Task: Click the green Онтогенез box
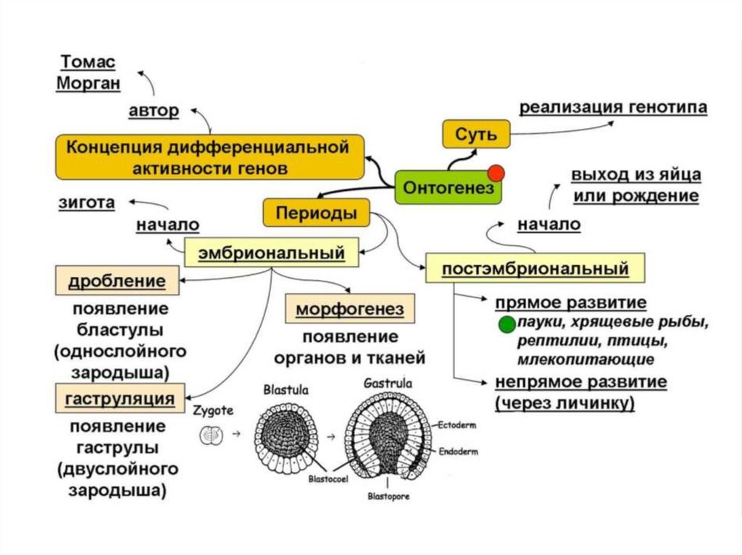(448, 187)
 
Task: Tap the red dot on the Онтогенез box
(496, 173)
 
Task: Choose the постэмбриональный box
(535, 268)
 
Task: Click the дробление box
(117, 280)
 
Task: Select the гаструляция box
(119, 398)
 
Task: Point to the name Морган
(88, 83)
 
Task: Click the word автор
(153, 111)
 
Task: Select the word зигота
(86, 203)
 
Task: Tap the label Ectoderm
(456, 425)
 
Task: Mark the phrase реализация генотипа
(613, 107)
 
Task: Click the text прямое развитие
(570, 302)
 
